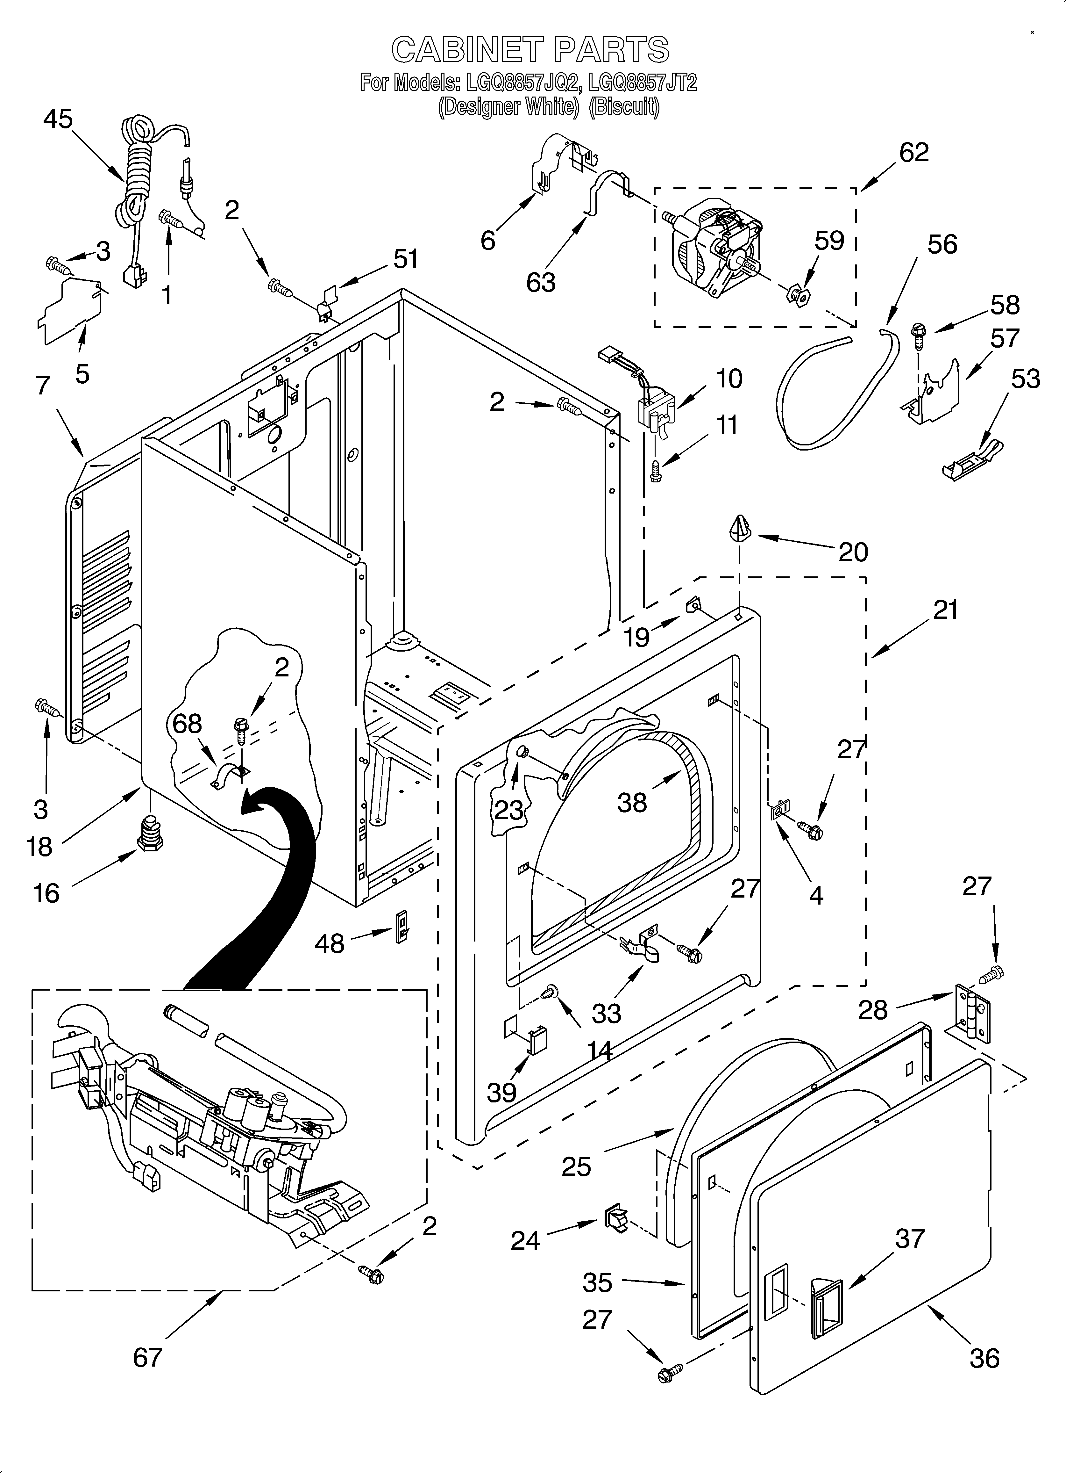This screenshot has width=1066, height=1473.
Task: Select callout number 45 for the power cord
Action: point(58,119)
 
